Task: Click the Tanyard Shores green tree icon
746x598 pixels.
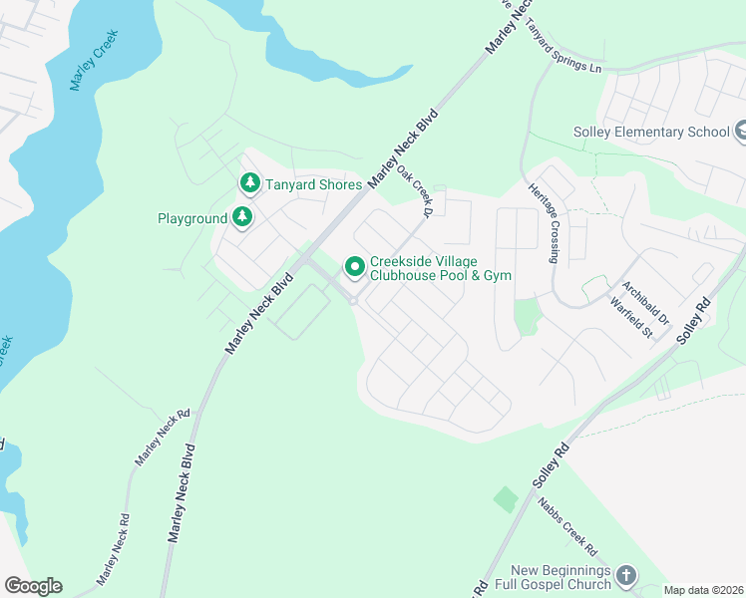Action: click(248, 183)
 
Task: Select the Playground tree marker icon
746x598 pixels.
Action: click(242, 217)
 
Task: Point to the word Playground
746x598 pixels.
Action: click(192, 218)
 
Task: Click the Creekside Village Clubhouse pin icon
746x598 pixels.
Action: click(353, 267)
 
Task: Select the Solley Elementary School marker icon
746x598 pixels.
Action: click(740, 132)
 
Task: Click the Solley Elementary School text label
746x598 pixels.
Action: click(651, 132)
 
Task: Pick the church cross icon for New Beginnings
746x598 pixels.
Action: click(625, 575)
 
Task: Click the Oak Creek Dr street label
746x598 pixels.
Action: click(414, 191)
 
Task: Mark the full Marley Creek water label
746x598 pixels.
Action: click(95, 61)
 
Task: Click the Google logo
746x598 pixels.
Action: click(33, 586)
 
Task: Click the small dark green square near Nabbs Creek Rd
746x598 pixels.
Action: click(506, 499)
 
